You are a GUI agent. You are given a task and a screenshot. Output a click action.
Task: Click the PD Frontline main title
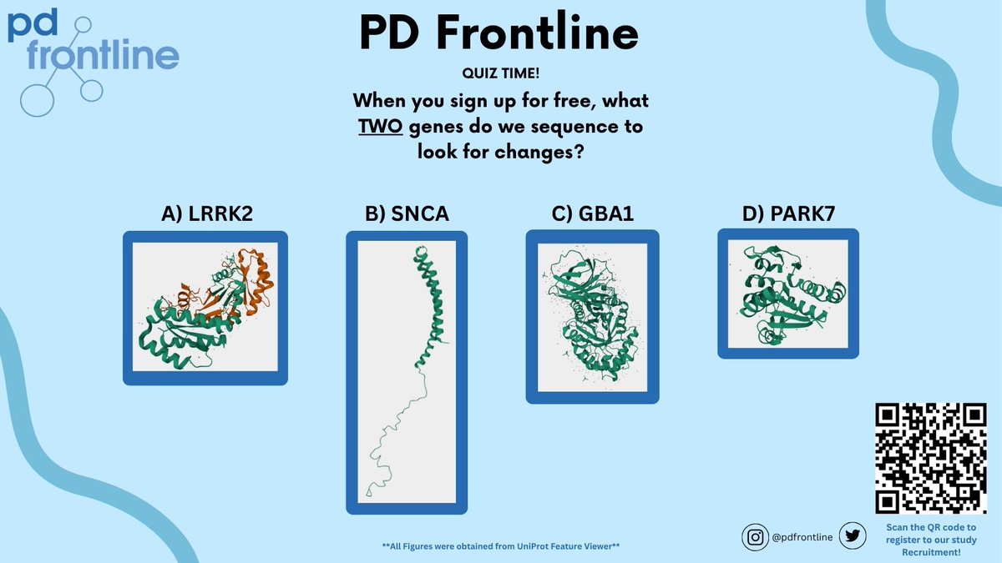498,33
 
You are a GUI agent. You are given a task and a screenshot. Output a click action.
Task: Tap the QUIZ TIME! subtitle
498,74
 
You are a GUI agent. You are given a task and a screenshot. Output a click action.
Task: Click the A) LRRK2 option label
206,214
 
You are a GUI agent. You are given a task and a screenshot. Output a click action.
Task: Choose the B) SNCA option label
407,214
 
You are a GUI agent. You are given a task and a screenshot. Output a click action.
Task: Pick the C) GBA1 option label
593,214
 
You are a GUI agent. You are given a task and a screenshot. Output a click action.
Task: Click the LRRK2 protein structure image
205,308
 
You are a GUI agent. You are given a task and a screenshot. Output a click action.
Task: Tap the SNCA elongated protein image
407,372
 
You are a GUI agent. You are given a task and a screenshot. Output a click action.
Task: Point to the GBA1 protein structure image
592,316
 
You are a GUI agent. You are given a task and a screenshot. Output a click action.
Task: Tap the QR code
929,458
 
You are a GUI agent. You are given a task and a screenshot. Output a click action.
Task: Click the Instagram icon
755,538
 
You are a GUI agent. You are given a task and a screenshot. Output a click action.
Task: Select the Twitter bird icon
851,538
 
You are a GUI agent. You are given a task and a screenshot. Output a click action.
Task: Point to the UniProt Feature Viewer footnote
500,546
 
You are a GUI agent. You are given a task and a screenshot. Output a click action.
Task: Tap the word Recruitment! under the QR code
929,552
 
